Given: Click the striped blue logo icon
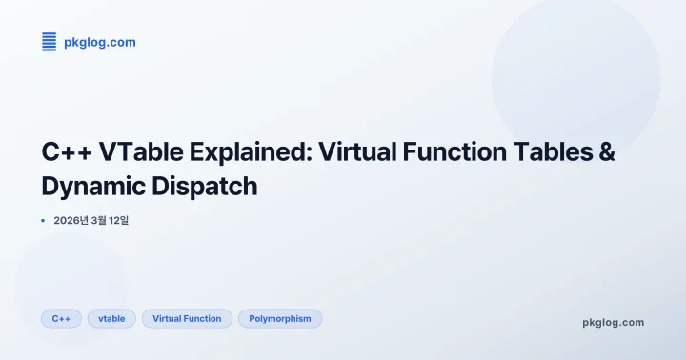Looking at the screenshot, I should pyautogui.click(x=49, y=41).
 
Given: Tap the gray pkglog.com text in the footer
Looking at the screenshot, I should pyautogui.click(x=613, y=322).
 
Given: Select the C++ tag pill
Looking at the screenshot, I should pyautogui.click(x=61, y=318).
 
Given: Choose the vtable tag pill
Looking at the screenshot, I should pyautogui.click(x=111, y=318).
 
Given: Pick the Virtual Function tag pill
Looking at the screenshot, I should pyautogui.click(x=187, y=318).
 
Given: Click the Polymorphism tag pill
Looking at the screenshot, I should pyautogui.click(x=280, y=318).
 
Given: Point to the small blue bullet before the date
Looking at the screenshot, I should pyautogui.click(x=43, y=221).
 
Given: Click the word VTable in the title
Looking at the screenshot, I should pyautogui.click(x=130, y=153).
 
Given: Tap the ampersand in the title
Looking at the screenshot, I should pyautogui.click(x=603, y=153).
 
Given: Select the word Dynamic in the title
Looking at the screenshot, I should pyautogui.click(x=91, y=186).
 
